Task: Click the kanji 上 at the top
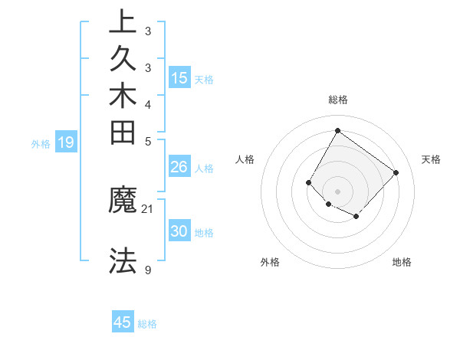(x=123, y=21)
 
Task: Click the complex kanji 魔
(x=123, y=203)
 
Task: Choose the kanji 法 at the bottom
(x=123, y=262)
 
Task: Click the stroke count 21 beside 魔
(x=148, y=208)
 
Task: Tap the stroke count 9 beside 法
(x=148, y=269)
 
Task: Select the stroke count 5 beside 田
(x=148, y=140)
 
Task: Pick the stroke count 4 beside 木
(x=148, y=103)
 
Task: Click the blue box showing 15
(x=179, y=77)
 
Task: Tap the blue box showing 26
(x=179, y=167)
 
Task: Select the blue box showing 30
(x=179, y=231)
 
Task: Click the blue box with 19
(x=66, y=142)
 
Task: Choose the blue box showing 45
(x=123, y=322)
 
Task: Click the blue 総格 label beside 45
(x=147, y=324)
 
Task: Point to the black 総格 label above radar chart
(x=337, y=100)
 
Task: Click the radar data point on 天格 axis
(x=396, y=172)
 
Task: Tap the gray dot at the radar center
(x=337, y=191)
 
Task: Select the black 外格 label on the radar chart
(x=270, y=262)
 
